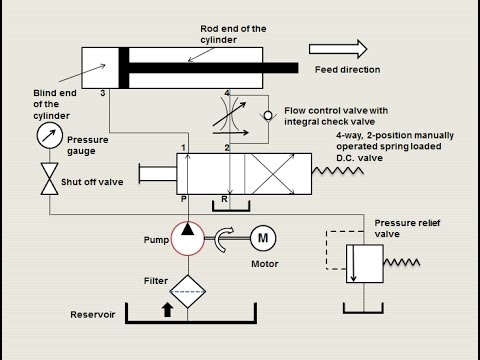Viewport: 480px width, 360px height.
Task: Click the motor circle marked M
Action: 264,239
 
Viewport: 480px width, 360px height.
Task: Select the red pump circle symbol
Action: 187,239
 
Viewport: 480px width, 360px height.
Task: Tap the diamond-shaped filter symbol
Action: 187,291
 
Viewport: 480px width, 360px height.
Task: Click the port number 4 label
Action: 227,93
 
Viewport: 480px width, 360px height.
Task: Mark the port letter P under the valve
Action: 182,200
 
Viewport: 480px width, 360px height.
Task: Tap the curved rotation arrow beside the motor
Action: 225,237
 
